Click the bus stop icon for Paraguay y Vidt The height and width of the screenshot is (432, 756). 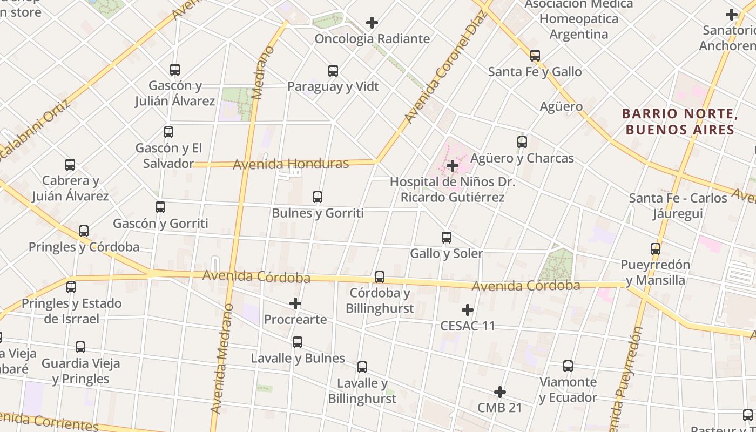[333, 71]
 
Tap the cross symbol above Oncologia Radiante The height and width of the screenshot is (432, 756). [372, 23]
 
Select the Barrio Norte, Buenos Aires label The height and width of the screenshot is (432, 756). [680, 122]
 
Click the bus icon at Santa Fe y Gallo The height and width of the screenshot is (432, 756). [535, 56]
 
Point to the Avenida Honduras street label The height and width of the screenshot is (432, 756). [291, 164]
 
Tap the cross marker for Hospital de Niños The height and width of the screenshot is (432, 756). [453, 166]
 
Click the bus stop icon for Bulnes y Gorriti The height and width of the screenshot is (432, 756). [318, 197]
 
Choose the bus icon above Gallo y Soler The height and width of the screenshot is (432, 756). [446, 238]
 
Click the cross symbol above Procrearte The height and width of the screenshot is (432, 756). [295, 303]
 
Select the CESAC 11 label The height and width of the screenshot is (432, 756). [468, 326]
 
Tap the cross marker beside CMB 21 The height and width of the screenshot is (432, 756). [500, 392]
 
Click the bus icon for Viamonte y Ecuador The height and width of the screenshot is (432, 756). [568, 366]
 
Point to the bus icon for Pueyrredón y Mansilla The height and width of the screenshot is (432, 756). [655, 249]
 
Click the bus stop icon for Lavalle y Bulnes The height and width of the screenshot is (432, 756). [297, 342]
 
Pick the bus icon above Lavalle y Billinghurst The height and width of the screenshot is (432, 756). [362, 367]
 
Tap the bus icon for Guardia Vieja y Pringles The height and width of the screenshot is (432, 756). [80, 347]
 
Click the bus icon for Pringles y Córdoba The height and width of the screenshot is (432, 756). [84, 231]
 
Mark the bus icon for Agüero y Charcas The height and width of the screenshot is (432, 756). [522, 142]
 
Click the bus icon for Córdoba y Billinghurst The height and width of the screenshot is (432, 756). [380, 277]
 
